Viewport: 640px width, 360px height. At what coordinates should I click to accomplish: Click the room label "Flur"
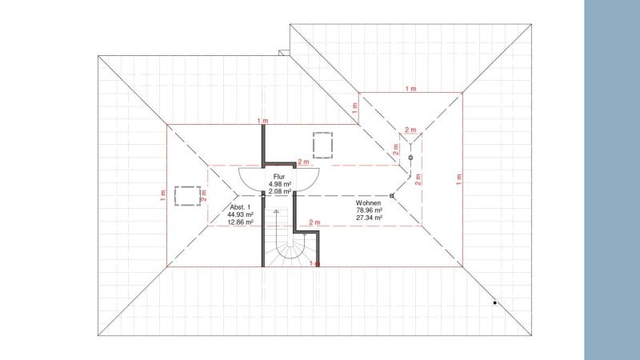tap(279, 175)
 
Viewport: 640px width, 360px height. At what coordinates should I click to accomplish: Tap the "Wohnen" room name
tap(368, 203)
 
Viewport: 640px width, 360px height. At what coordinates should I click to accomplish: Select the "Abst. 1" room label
tap(241, 207)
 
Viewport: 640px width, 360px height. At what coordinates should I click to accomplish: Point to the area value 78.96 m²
tap(369, 210)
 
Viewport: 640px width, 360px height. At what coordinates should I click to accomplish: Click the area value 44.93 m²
tap(241, 214)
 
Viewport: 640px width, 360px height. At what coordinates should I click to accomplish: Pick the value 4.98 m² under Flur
tap(279, 183)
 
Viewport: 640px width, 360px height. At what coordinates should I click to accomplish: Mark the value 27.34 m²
tap(369, 218)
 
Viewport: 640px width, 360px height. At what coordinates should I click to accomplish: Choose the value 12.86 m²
tap(241, 222)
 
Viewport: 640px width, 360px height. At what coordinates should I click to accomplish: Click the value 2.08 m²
tap(279, 190)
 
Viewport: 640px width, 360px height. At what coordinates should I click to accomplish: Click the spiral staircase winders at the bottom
tap(286, 254)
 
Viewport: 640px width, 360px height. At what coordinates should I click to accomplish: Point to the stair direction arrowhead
tap(276, 212)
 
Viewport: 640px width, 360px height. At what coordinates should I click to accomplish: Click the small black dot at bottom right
tap(494, 303)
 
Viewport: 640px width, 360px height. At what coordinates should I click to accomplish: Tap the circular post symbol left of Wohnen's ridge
tap(392, 195)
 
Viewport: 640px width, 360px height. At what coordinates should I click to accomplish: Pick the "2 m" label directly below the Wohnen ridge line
tap(314, 222)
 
